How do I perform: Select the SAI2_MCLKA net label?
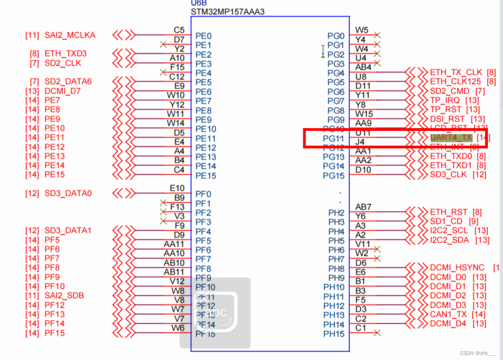coord(70,35)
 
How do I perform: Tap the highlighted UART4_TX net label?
coord(451,137)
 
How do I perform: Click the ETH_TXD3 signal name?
coord(66,54)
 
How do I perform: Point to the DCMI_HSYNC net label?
coord(457,267)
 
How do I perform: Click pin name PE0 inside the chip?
coord(203,36)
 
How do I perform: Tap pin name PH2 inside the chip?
coord(336,213)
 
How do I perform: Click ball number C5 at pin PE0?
coord(179,30)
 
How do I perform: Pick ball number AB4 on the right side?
coord(363,67)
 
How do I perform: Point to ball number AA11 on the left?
coord(174,244)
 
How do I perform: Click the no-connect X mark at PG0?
coord(377,35)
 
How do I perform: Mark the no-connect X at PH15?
coord(377,333)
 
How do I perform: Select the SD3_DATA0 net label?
coord(68,193)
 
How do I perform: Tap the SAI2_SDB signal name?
coord(64,295)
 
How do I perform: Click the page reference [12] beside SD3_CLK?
coord(479,175)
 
